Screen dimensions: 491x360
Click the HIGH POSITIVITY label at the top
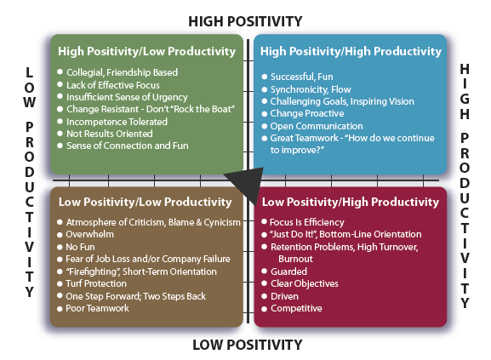click(245, 21)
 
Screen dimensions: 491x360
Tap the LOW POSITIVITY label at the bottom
click(248, 345)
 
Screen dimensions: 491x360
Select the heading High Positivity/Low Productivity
click(146, 51)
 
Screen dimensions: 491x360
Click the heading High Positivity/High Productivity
click(351, 51)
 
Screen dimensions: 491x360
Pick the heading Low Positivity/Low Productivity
click(145, 202)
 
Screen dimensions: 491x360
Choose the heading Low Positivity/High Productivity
click(351, 202)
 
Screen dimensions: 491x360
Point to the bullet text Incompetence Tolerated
click(117, 122)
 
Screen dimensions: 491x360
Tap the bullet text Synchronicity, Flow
click(311, 89)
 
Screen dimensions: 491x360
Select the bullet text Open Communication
click(317, 126)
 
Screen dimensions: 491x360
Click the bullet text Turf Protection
click(96, 283)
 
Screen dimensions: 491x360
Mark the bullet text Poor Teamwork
click(97, 308)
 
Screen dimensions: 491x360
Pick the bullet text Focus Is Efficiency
click(307, 222)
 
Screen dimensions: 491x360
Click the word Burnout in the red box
click(295, 259)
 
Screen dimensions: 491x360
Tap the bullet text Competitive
click(296, 308)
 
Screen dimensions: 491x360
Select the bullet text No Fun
click(80, 247)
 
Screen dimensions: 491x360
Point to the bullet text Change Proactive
click(307, 113)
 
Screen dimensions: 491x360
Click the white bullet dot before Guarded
click(265, 271)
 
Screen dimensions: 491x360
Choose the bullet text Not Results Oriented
click(110, 134)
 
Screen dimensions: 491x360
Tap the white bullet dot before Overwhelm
click(60, 235)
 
